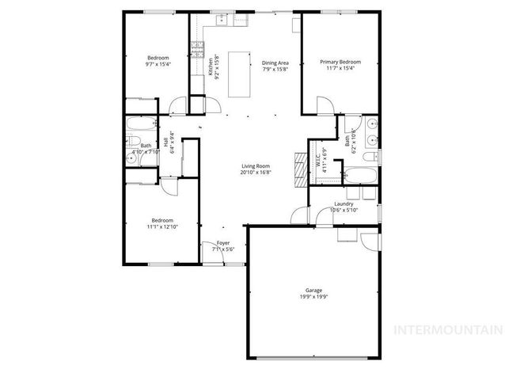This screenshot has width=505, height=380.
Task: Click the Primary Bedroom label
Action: (340, 62)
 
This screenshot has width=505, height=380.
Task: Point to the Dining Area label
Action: (275, 63)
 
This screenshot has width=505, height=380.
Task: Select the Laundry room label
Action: (344, 204)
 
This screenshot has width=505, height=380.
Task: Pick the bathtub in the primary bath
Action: (360, 174)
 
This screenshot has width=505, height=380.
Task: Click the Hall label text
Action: (166, 142)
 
